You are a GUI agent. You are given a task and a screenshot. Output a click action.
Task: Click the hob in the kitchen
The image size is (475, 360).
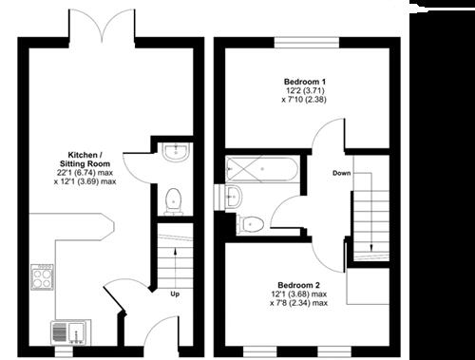(x=44, y=276)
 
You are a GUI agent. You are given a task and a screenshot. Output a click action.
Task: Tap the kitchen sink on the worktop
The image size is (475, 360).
(x=69, y=333)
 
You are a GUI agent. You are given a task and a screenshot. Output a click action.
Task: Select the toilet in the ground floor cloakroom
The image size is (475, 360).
(x=173, y=200)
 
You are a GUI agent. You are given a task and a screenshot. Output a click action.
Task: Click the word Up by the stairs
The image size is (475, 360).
(x=175, y=294)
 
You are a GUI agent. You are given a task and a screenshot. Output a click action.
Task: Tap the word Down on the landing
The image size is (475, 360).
(x=344, y=173)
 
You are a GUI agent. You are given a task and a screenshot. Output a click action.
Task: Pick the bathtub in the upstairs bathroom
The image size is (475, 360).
(x=263, y=171)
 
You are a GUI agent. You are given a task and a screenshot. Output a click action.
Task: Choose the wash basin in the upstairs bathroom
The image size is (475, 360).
(x=235, y=196)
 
